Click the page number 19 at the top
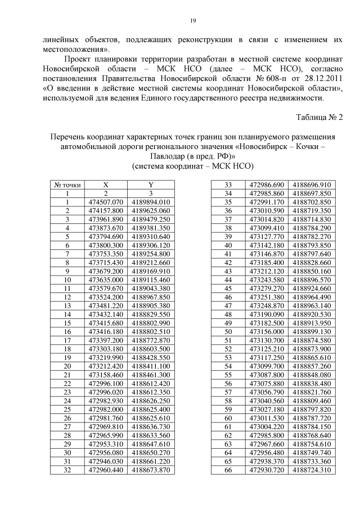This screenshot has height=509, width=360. tap(192, 21)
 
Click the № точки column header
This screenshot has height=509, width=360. tap(67, 185)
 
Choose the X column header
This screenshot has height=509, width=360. tap(106, 185)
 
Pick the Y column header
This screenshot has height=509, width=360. tap(151, 185)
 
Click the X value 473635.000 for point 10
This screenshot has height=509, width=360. tap(106, 279)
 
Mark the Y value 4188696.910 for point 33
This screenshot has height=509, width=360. tap(312, 185)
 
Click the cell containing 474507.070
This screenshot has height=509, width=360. tap(106, 202)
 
